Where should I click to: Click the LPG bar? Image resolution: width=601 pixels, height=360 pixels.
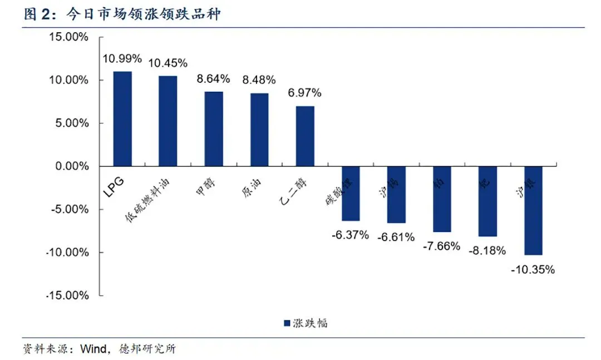tap(122, 119)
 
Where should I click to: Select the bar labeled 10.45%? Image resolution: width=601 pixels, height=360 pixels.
tap(168, 121)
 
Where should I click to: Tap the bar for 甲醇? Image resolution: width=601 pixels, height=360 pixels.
tap(214, 129)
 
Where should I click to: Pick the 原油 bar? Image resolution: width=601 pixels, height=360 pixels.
tap(259, 129)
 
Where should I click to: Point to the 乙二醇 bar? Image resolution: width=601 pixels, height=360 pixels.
tap(305, 136)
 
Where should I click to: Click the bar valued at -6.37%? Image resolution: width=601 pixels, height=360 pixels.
tap(351, 193)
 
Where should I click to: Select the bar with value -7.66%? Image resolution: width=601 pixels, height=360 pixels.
tap(442, 199)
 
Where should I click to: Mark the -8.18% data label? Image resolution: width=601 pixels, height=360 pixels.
tap(487, 250)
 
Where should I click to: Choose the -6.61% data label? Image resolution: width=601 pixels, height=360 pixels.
tap(396, 237)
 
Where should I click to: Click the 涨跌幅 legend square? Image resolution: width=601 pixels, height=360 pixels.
tap(287, 323)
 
